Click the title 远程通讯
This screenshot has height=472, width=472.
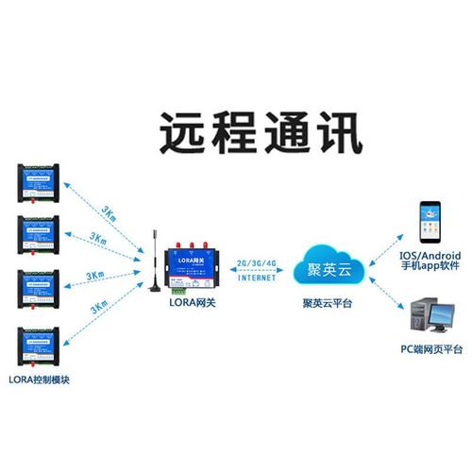[260, 134]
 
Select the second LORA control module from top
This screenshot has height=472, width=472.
[42, 236]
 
